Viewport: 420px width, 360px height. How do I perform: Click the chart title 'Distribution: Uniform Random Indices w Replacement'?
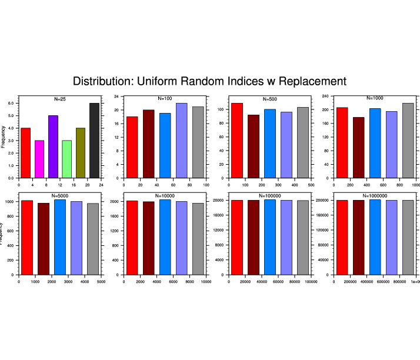pos(210,81)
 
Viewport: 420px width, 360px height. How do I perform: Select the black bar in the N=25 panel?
pos(94,141)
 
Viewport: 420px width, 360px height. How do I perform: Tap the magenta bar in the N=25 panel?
pos(39,159)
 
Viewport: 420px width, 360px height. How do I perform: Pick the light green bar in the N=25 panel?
pos(66,159)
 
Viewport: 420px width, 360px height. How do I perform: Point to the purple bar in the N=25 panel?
pos(53,146)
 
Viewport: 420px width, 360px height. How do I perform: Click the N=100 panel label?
pos(165,99)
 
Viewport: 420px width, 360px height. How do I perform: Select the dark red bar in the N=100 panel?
pos(148,144)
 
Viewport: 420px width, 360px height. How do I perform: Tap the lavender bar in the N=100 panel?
pos(181,141)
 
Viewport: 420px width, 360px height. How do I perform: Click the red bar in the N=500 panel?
pos(237,141)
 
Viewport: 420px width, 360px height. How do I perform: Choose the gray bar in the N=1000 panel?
pos(408,141)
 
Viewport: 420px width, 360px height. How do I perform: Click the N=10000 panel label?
pos(165,195)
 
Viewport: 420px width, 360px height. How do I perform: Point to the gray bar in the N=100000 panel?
pos(303,238)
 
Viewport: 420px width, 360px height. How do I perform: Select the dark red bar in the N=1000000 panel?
pos(358,238)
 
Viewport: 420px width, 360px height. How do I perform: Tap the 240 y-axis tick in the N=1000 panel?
pos(324,96)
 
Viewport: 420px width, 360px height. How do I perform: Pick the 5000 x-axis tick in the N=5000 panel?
pos(101,282)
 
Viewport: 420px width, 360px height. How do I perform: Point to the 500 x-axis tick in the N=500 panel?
pos(311,185)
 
